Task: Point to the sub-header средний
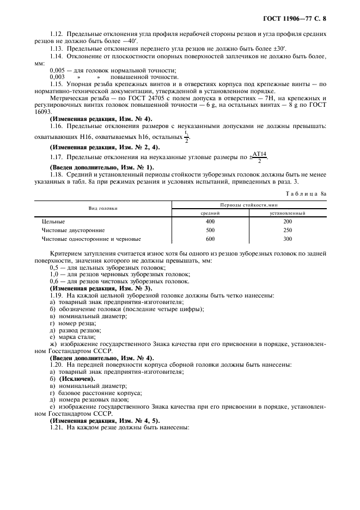coord(210,213)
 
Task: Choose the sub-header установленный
coord(288,213)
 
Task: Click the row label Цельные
coord(54,222)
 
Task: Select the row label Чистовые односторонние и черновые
coord(91,239)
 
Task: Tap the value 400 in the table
coord(210,222)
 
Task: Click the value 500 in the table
coord(210,230)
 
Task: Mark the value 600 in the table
coord(210,239)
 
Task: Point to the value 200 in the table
coord(288,222)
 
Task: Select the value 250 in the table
coord(288,230)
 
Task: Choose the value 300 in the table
coord(288,239)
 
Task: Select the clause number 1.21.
coord(57,428)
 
